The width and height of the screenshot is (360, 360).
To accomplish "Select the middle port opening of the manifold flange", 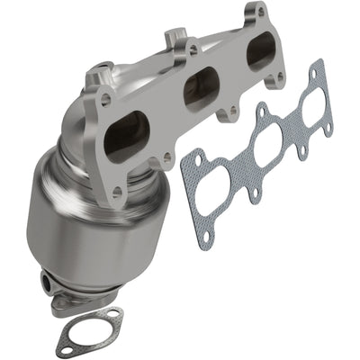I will (x=201, y=89).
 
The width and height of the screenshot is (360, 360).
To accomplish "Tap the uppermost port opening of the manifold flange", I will (x=261, y=50).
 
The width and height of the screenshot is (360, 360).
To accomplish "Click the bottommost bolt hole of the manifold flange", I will (x=116, y=191).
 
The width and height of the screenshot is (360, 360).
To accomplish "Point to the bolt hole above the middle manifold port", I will (x=193, y=50).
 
